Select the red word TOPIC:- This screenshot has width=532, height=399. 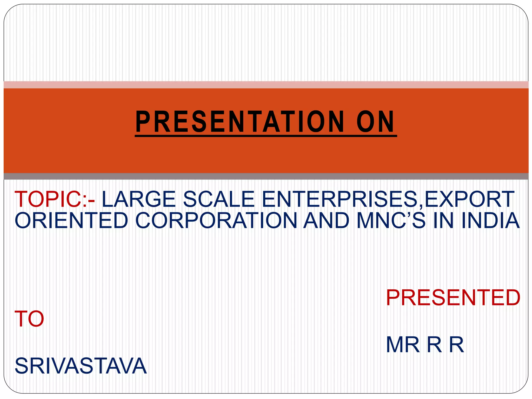point(55,199)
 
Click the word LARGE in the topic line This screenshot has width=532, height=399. point(139,199)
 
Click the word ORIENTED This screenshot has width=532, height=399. point(71,220)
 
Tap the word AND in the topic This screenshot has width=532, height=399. point(327,220)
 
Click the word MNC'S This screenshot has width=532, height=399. point(391,220)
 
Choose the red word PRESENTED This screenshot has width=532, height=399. point(453,298)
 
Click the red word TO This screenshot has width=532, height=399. point(29,319)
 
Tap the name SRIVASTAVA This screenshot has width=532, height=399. point(81,366)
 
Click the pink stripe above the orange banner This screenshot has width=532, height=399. point(266,85)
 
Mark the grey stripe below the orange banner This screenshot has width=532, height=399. point(266,176)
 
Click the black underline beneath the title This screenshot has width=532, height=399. point(266,136)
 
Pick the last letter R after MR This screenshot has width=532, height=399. point(456,345)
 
